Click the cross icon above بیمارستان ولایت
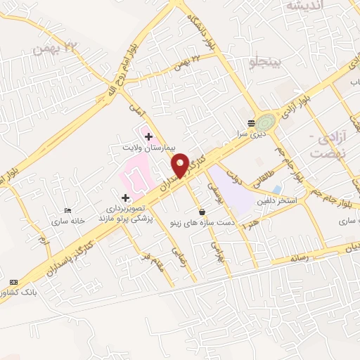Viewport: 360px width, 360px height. [148, 135]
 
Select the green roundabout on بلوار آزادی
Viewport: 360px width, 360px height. [266, 121]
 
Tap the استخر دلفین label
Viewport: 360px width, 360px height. [283, 200]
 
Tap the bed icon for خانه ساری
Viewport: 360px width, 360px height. [67, 210]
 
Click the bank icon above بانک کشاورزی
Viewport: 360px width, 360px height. [13, 280]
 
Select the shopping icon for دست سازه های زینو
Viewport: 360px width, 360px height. [202, 212]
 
